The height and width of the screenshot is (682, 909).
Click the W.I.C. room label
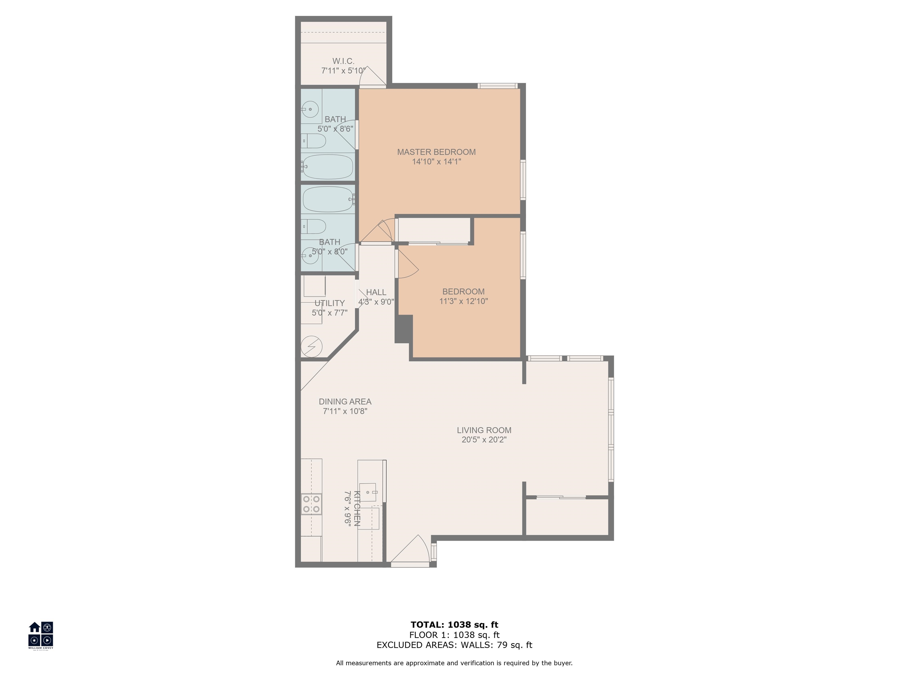pyautogui.click(x=343, y=61)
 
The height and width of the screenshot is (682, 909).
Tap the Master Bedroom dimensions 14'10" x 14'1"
pyautogui.click(x=436, y=162)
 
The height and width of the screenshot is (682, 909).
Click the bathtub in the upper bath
pyautogui.click(x=328, y=166)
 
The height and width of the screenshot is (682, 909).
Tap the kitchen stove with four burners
pyautogui.click(x=311, y=504)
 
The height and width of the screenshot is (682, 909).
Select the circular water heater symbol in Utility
pyautogui.click(x=311, y=347)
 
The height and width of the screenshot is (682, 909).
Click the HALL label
pyautogui.click(x=376, y=292)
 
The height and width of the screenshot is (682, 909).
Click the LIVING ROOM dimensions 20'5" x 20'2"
pyautogui.click(x=484, y=440)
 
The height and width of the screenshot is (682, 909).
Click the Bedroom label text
pyautogui.click(x=463, y=292)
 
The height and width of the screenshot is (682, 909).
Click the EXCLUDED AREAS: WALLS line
pyautogui.click(x=454, y=645)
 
